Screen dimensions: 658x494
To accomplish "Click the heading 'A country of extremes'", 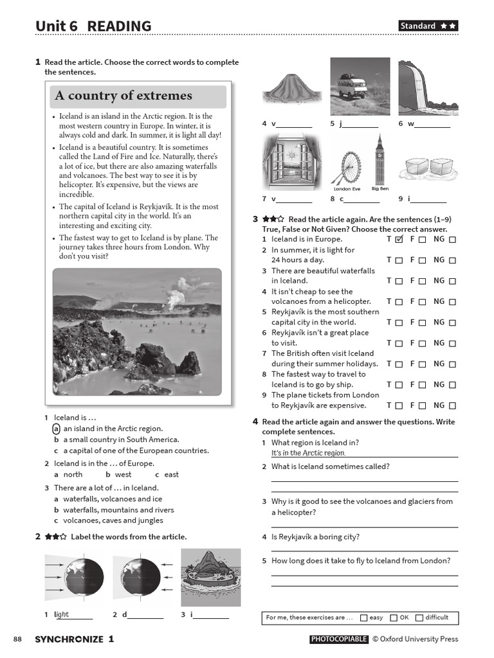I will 123,96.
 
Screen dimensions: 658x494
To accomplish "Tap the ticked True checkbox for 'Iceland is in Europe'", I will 399,239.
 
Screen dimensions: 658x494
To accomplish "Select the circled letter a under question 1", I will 57,429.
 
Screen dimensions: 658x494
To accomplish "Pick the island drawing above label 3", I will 211,578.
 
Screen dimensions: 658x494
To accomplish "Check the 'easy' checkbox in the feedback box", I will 364,618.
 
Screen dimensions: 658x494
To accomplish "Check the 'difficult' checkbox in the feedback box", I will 419,618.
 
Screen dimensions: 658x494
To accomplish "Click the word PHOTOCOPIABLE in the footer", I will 339,639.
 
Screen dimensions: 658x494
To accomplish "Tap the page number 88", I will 17,639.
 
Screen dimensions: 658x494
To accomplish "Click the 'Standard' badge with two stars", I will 428,26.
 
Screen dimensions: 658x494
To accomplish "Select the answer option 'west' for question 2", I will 123,474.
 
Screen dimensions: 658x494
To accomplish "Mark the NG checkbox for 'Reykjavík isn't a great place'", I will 452,343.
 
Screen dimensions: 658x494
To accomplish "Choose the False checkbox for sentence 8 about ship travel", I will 422,385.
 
